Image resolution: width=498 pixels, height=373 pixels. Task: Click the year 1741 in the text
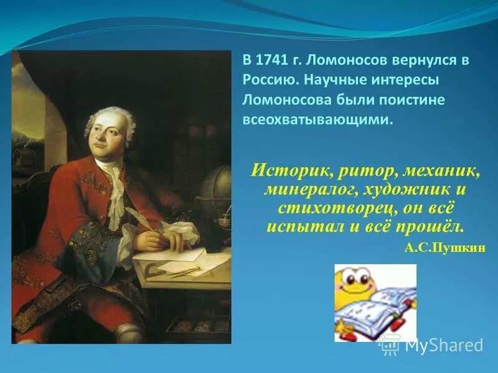[x=272, y=61]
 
